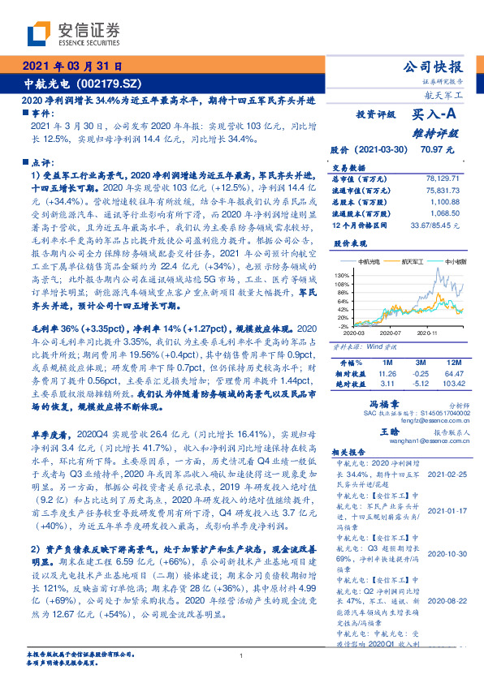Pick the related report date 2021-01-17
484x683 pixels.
click(447, 510)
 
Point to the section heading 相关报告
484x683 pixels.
click(350, 452)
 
